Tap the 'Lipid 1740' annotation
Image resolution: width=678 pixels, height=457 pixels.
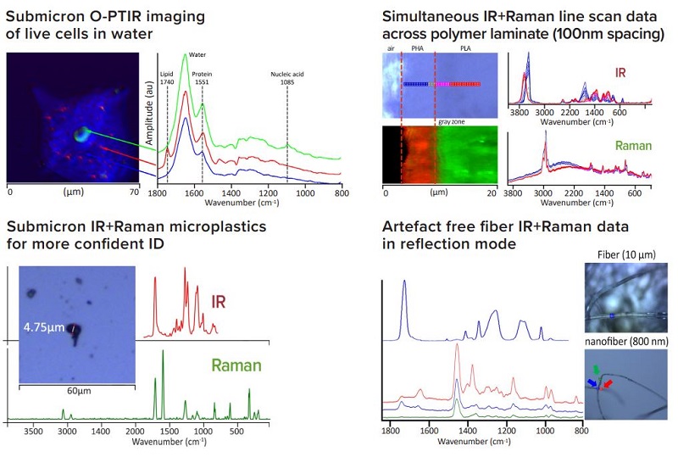(x=167, y=77)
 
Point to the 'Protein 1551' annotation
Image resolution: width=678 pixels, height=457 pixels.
(x=202, y=77)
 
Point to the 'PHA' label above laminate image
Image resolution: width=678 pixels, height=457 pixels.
(x=417, y=50)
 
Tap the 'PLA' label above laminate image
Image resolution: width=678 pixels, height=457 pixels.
(x=467, y=50)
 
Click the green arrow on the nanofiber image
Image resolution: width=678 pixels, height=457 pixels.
(x=597, y=371)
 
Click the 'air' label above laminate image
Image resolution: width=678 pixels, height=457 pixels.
(x=392, y=50)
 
